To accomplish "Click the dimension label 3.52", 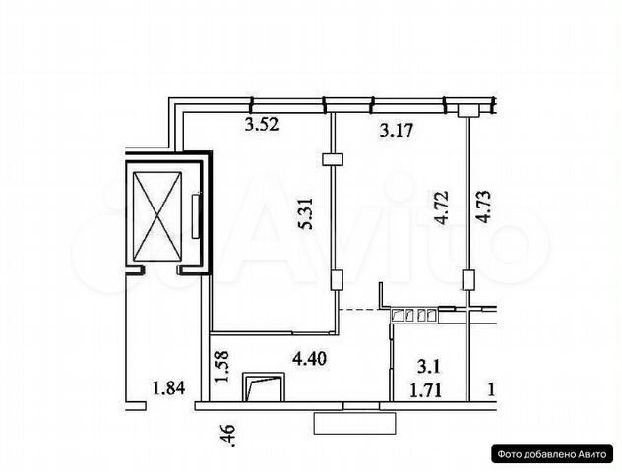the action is pos(262,125).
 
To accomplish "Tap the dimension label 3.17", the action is pos(397,131).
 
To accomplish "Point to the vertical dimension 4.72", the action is pos(441,207).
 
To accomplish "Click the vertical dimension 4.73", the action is pos(483,207).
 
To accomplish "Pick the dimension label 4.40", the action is pos(309,359).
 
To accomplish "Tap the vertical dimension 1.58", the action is pos(221,366).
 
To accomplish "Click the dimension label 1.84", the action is pos(169,388).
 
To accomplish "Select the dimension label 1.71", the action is pos(425,391).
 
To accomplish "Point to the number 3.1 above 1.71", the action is pos(428,367).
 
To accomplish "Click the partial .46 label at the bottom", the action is pos(229,436).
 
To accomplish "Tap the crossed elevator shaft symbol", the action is pos(157,216).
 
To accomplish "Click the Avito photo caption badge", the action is pos(552,453).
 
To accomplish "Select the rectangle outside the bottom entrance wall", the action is pos(354,423).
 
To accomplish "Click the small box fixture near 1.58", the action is pos(264,387).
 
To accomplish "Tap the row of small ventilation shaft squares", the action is pos(413,315).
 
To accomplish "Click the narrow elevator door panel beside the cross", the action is pos(196,216).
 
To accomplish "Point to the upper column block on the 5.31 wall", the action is pos(334,159).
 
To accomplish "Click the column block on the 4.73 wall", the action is pos(468,280).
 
